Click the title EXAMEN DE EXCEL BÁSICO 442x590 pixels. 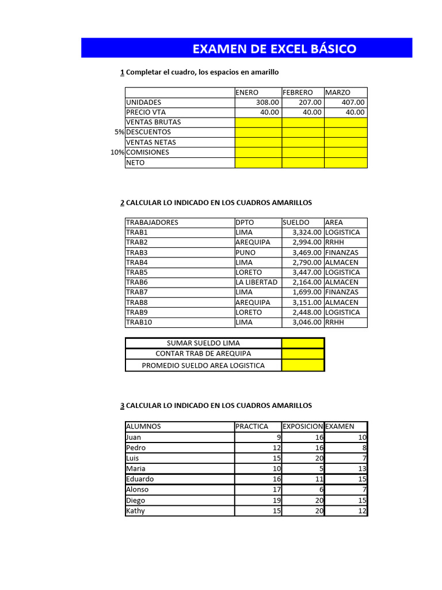coord(274,49)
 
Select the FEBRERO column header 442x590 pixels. coord(298,92)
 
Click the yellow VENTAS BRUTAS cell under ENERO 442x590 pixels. coord(258,122)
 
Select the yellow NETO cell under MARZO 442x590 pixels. coord(345,163)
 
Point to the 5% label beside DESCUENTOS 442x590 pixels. coord(119,133)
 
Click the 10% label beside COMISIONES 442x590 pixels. coord(117,153)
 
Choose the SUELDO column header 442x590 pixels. coord(296,222)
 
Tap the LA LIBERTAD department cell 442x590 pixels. coord(256,282)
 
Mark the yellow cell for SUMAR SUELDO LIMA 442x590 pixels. coord(303,343)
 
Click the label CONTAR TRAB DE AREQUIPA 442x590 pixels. coord(203,354)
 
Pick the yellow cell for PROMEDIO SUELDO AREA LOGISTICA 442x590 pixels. coord(303,365)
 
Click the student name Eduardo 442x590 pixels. coord(140,479)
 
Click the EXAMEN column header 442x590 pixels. coord(340,426)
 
